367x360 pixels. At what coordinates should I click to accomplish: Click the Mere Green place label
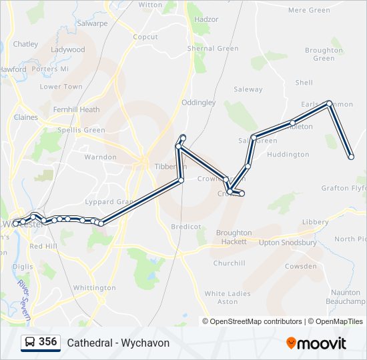309,10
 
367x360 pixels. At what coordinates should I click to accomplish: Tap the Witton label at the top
150,5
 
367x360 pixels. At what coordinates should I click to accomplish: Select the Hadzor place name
206,19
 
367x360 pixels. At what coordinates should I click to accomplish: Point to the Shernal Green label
213,49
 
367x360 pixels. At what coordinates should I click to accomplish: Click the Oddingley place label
199,103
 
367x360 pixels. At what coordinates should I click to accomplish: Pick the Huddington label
288,155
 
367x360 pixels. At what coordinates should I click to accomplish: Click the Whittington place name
94,288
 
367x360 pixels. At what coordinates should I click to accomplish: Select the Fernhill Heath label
76,109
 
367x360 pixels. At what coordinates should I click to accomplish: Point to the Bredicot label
186,227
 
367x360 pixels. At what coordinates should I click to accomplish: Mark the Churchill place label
229,263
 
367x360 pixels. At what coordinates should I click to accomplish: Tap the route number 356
47,342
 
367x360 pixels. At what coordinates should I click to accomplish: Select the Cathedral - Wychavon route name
118,343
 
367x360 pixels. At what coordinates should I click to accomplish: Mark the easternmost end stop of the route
351,157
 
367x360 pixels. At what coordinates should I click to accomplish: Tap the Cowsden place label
301,266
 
